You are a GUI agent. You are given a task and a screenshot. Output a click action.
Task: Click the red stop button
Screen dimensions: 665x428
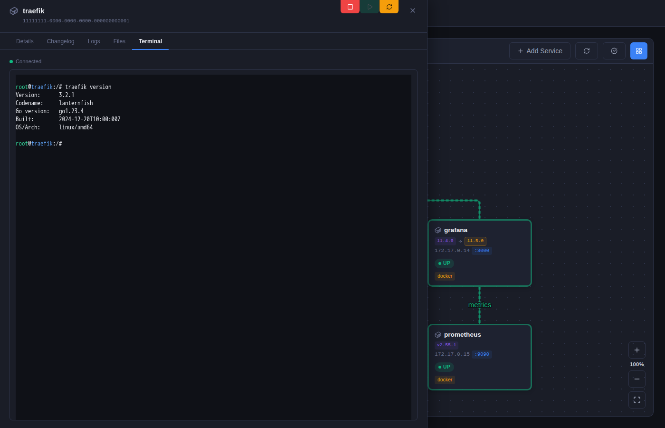click(x=350, y=7)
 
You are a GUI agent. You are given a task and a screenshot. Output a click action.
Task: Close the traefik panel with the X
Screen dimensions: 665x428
click(x=413, y=10)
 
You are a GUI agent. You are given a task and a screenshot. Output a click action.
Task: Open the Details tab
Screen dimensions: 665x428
click(x=25, y=41)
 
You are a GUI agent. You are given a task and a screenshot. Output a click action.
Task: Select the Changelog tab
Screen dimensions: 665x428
click(x=61, y=41)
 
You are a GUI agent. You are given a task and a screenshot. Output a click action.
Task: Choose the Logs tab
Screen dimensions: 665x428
click(x=94, y=41)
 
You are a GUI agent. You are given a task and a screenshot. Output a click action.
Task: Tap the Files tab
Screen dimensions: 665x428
click(x=119, y=41)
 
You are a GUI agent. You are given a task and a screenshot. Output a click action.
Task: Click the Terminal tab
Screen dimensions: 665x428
click(x=150, y=41)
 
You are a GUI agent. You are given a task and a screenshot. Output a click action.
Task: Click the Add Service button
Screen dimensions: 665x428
click(x=540, y=51)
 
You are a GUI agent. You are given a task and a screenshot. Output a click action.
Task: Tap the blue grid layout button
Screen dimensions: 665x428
click(x=639, y=51)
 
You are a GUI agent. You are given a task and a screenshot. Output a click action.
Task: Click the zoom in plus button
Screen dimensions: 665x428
click(x=637, y=350)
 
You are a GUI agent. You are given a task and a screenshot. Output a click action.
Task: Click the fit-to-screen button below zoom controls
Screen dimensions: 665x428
click(x=637, y=400)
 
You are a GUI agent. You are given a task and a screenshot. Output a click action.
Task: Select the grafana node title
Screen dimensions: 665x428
click(x=456, y=230)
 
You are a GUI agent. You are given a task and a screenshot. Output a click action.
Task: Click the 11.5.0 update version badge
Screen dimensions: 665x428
click(x=475, y=241)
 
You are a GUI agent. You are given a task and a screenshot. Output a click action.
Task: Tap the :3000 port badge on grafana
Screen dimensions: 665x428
click(x=482, y=251)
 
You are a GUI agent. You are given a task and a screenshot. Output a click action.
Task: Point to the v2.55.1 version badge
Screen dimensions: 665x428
click(x=446, y=345)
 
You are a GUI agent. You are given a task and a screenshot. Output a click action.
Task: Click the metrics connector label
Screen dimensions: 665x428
click(x=479, y=305)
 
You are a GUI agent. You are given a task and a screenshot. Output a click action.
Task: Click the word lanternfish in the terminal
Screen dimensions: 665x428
click(x=76, y=103)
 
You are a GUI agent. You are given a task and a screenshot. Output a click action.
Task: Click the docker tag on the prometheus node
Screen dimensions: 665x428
click(x=445, y=380)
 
